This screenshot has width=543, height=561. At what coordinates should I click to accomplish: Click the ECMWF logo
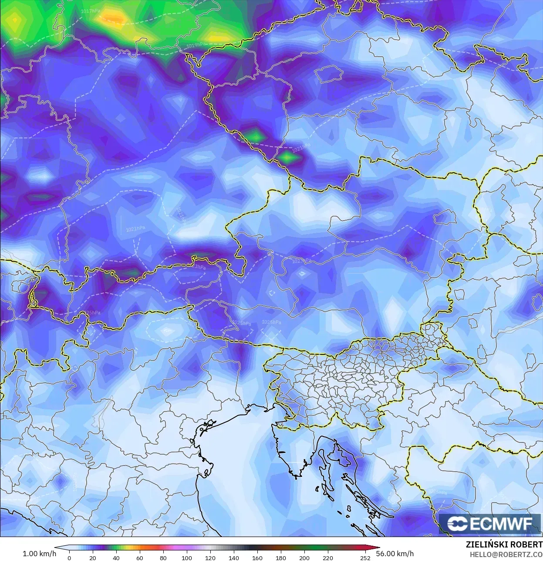(x=491, y=524)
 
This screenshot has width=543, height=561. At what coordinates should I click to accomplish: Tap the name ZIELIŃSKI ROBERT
(x=504, y=544)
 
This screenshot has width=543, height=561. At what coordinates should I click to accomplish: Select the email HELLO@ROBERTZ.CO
(x=506, y=554)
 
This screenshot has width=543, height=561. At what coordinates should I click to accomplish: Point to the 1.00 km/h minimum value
(x=39, y=554)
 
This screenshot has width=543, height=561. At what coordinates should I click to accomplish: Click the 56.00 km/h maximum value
(x=395, y=554)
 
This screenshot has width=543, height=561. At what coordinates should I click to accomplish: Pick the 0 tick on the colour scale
(x=69, y=558)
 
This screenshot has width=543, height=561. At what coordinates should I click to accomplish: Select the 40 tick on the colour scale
(x=116, y=558)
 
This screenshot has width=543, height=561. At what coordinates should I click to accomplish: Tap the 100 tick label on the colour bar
(x=186, y=558)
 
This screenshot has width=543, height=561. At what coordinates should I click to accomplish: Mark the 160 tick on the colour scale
(x=257, y=558)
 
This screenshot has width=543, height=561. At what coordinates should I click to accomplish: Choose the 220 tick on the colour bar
(x=327, y=558)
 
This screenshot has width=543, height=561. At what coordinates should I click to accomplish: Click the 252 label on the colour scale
(x=365, y=558)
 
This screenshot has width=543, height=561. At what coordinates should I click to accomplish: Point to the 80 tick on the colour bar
(x=163, y=558)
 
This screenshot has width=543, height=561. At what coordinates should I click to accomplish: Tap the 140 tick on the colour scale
(x=233, y=558)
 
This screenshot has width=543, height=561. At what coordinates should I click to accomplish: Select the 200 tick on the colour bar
(x=304, y=558)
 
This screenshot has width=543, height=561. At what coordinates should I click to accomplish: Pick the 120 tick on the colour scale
(x=210, y=558)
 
